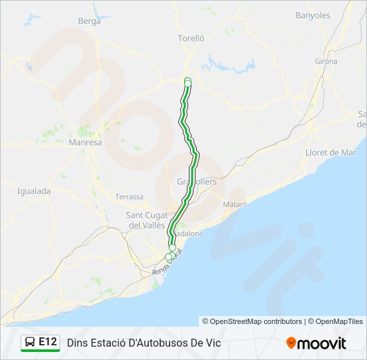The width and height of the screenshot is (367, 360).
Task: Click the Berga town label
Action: click(89, 21)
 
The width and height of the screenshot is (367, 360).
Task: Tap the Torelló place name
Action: click(191, 39)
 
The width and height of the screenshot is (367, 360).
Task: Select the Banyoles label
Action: click(313, 15)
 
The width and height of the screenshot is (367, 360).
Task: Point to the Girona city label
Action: click(326, 61)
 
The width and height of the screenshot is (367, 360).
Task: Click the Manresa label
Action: click(85, 143)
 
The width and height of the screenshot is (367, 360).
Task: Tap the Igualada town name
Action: click(34, 191)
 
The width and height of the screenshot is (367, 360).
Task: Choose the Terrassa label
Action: click(129, 197)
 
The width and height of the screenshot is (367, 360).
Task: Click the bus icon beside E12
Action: click(30, 342)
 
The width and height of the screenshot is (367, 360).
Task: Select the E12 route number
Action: click(47, 342)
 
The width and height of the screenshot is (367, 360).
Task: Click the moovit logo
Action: click(316, 343)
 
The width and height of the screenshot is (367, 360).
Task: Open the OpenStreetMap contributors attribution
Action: click(252, 321)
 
